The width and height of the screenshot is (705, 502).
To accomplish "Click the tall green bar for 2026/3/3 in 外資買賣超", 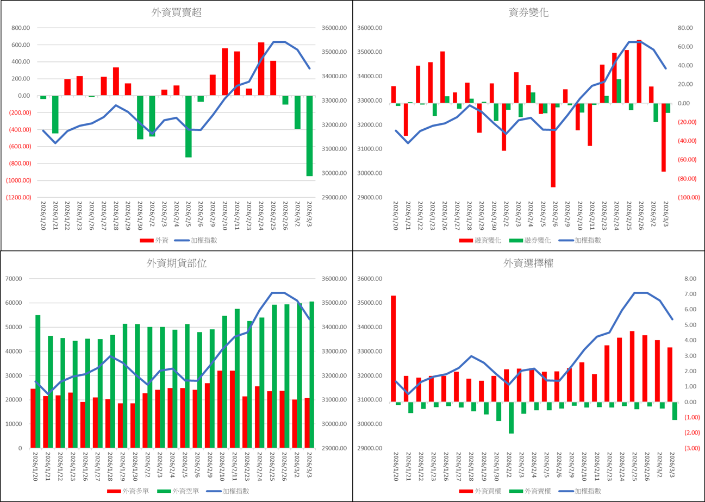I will (309, 136).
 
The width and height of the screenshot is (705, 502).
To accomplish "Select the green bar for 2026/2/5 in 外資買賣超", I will (189, 127).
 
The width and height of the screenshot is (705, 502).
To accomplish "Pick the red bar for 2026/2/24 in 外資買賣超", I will (261, 69).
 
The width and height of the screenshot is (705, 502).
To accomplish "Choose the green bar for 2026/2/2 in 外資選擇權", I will (511, 418).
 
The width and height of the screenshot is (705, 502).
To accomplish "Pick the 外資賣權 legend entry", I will (533, 491).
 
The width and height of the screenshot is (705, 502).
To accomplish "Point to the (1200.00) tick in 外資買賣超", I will (18, 197).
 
